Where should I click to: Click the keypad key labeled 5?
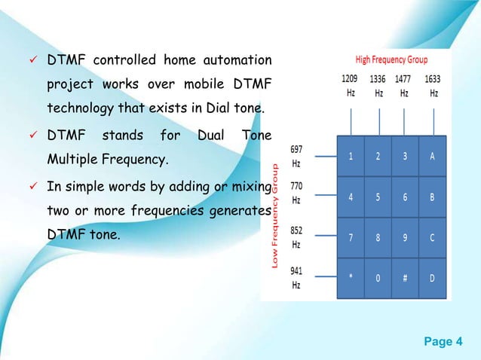point(378,197)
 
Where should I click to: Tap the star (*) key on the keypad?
point(351,277)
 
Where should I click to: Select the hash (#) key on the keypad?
point(405,277)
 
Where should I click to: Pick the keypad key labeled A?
point(432,157)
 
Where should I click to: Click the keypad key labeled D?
point(432,277)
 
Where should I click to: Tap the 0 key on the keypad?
point(378,277)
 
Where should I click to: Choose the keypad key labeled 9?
point(405,237)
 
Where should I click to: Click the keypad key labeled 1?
point(351,157)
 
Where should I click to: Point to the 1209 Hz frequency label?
point(350,86)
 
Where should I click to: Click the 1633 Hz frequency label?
point(433,86)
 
